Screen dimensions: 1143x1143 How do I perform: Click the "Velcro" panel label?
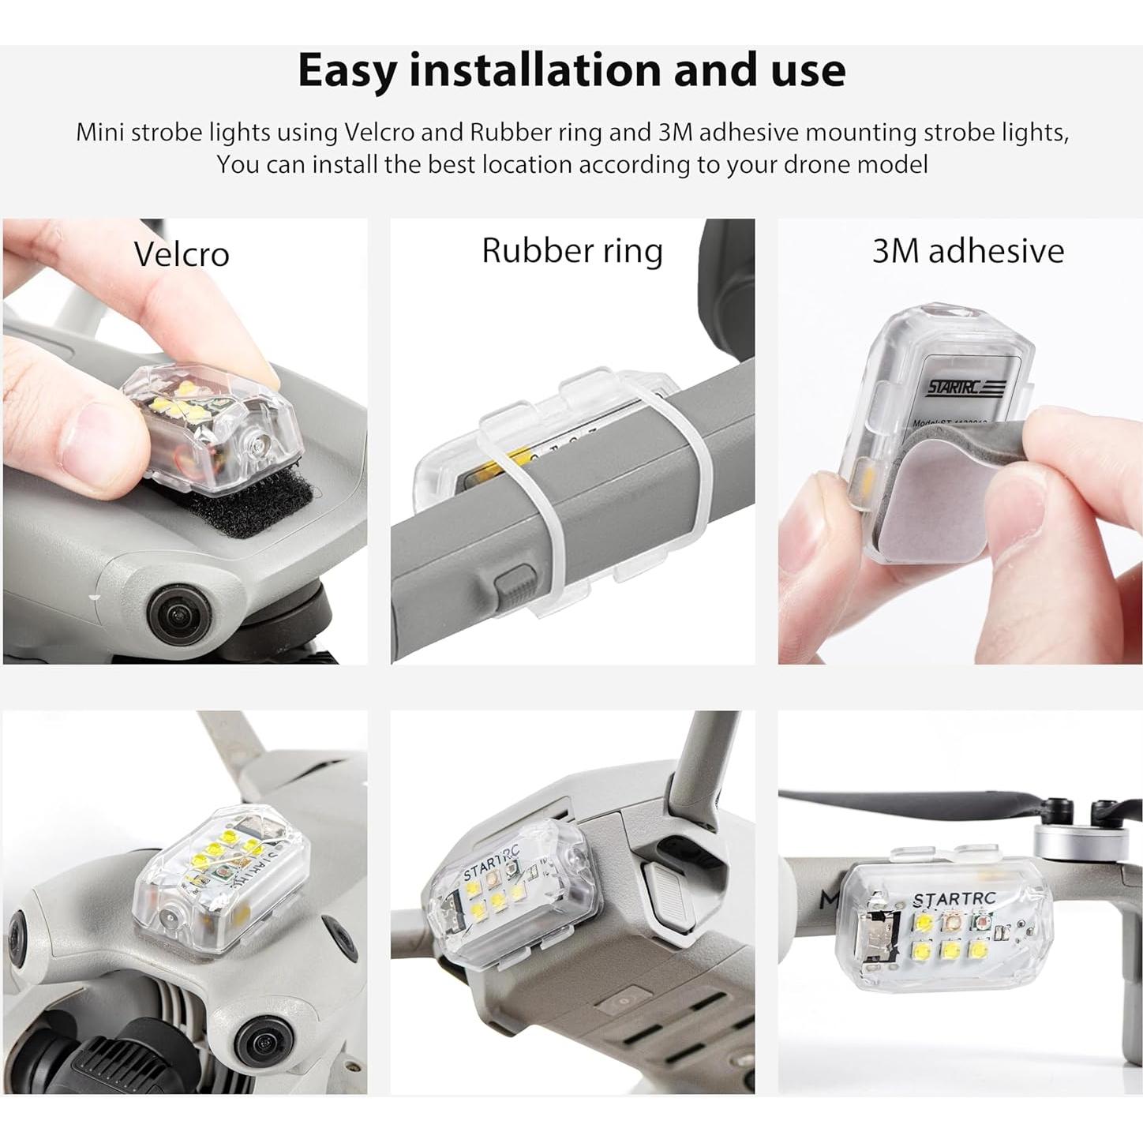click(182, 254)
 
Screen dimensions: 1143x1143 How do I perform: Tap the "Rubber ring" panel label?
click(572, 251)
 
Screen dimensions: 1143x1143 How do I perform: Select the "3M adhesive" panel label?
click(968, 251)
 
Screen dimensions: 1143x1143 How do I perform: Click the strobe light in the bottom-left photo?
click(225, 876)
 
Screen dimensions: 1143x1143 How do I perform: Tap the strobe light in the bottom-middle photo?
click(505, 892)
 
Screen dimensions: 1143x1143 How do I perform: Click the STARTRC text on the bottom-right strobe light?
click(954, 899)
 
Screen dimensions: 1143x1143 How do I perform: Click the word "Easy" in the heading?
click(347, 71)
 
